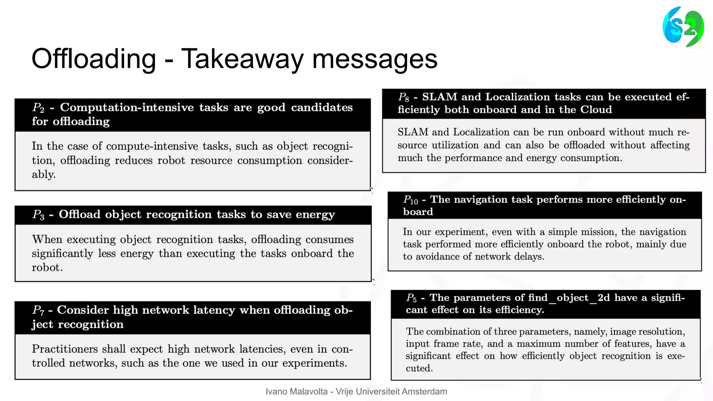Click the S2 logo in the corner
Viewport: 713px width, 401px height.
pos(683,27)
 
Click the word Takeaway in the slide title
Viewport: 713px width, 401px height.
pos(243,59)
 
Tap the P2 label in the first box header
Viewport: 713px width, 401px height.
pos(38,108)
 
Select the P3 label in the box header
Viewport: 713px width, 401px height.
pos(38,215)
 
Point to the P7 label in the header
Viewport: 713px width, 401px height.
pos(38,310)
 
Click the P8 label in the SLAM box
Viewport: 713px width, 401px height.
pos(403,97)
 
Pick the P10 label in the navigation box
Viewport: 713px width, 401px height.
pos(410,200)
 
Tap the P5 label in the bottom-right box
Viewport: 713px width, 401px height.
pos(411,298)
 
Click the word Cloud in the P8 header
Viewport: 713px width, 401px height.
pos(596,110)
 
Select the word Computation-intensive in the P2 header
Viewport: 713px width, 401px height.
pos(127,108)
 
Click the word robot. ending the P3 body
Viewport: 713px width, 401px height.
pos(47,268)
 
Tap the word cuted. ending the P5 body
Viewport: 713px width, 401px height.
pos(419,368)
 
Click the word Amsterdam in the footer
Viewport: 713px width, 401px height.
pos(424,392)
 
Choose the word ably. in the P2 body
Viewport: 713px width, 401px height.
pos(44,174)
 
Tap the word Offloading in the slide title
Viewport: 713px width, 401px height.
pos(94,59)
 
